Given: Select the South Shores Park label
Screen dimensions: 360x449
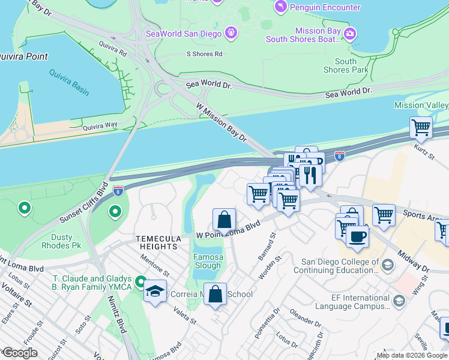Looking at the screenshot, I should pyautogui.click(x=345, y=65).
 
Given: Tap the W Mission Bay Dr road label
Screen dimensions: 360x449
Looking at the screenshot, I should pyautogui.click(x=222, y=122).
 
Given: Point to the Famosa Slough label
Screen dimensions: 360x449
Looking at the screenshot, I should pyautogui.click(x=208, y=262).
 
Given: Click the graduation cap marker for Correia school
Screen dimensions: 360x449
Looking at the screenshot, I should pyautogui.click(x=155, y=292).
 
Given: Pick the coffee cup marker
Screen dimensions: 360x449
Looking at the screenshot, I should pyautogui.click(x=357, y=235).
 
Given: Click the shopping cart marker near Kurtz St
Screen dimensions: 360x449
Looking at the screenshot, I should pyautogui.click(x=421, y=127).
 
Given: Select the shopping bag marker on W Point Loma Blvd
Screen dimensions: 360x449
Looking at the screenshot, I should pyautogui.click(x=224, y=220).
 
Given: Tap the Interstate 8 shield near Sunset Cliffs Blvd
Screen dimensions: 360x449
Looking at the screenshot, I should pyautogui.click(x=118, y=191).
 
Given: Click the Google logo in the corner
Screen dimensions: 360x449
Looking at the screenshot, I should pyautogui.click(x=20, y=353).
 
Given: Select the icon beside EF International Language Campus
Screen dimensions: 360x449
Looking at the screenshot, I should pyautogui.click(x=398, y=300).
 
